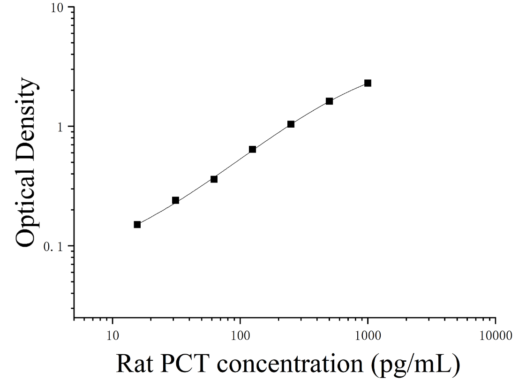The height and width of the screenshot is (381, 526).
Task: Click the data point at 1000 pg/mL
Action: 368,83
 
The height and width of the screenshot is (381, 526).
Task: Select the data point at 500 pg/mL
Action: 330,101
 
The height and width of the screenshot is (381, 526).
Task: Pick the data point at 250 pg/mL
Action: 291,124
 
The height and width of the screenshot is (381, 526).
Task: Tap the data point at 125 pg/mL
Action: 253,149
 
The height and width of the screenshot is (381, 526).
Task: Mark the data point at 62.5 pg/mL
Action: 214,179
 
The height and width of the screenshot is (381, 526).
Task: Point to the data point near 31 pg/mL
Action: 175,200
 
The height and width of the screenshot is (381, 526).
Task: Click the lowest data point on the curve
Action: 137,225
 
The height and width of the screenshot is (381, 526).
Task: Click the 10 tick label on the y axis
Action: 57,8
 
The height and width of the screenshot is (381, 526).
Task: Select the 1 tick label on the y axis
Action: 61,127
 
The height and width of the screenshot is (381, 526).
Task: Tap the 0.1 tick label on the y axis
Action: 53,247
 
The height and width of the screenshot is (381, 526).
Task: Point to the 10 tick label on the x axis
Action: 113,335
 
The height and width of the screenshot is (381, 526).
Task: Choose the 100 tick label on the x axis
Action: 240,335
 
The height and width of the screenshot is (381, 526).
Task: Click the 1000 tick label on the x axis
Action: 368,335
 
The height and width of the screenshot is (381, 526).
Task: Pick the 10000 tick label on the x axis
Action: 496,335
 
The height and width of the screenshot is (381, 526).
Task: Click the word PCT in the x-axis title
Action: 183,363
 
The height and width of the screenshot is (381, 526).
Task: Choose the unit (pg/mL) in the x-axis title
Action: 415,365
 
